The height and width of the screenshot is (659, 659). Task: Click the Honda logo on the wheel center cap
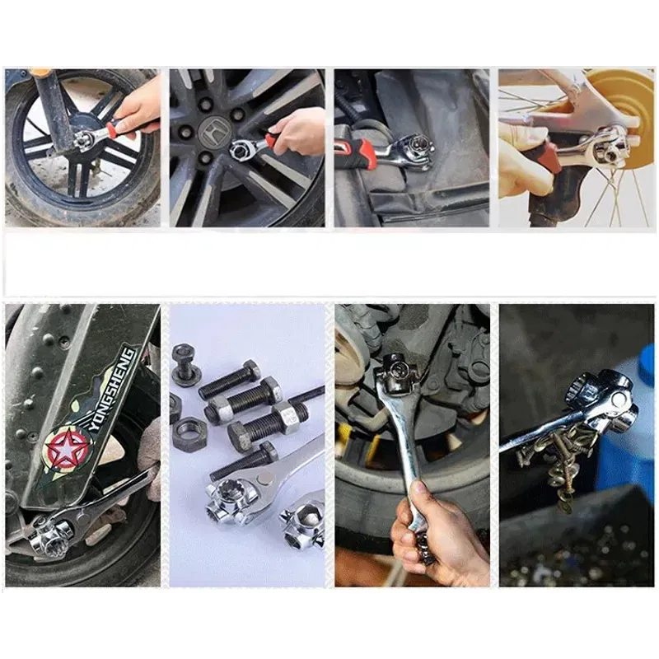point(212,129)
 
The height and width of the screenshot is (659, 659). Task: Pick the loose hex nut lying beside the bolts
point(189,432)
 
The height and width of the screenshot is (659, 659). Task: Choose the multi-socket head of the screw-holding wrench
point(601,400)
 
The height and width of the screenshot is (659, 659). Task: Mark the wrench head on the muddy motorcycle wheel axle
point(84,138)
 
